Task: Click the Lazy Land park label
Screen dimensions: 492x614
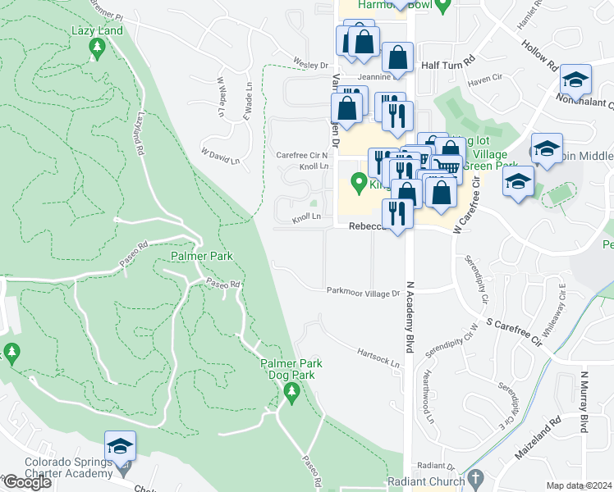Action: (x=97, y=31)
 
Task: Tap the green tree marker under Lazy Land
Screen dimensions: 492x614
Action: (x=97, y=50)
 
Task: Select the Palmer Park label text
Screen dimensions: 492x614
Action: (x=202, y=256)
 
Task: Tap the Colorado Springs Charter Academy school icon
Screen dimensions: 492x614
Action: (x=120, y=447)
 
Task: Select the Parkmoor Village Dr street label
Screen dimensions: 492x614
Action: (x=363, y=291)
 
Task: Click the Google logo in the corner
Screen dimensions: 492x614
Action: (x=27, y=482)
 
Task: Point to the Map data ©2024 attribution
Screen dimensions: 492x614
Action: (x=580, y=485)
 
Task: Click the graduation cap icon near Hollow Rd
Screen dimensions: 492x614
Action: (x=576, y=80)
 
